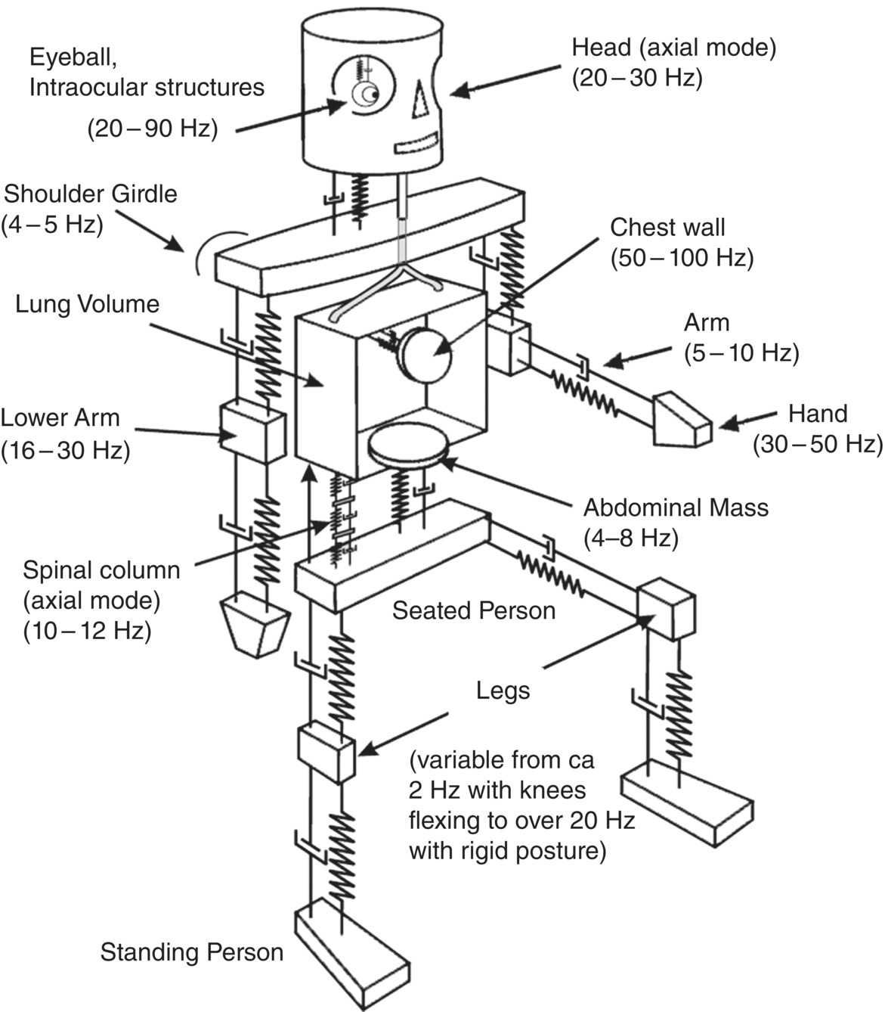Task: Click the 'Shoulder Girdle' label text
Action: pos(91,194)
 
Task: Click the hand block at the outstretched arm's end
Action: pos(681,419)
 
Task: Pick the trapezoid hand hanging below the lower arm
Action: pos(255,625)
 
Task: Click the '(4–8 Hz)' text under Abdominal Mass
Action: pos(631,538)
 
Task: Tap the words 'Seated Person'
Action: pos(473,610)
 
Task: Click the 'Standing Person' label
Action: pos(192,951)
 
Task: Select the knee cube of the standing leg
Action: pos(326,752)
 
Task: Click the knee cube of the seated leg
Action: pos(665,608)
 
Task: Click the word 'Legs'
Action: pos(503,690)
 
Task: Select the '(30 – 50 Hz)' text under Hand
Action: pos(817,444)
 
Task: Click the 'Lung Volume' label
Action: pos(88,304)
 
